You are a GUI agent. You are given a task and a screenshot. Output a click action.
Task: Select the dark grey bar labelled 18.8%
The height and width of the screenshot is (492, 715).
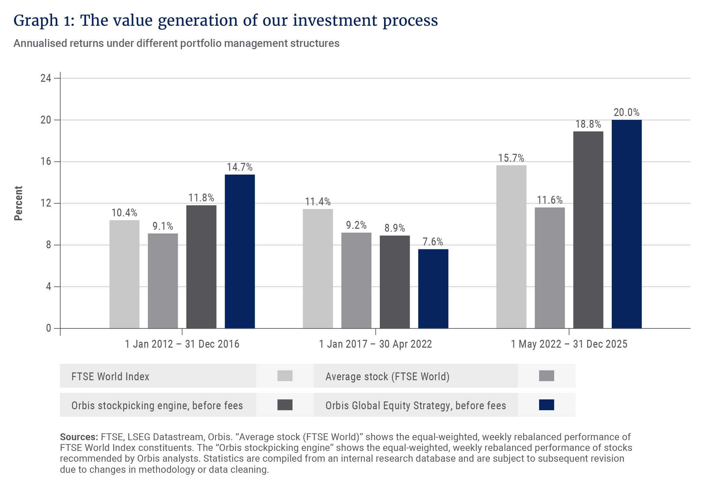tap(588, 230)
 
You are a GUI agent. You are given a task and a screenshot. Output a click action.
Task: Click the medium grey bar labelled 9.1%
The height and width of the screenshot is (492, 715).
tap(163, 281)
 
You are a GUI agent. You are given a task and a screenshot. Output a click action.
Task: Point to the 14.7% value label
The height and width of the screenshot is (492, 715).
tap(240, 167)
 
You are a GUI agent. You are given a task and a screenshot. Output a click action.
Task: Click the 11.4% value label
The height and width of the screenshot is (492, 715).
tap(318, 202)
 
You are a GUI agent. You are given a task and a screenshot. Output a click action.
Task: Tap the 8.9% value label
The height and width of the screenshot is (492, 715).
tap(394, 228)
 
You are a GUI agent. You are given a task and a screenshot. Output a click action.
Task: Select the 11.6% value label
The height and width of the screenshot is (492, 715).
tap(550, 200)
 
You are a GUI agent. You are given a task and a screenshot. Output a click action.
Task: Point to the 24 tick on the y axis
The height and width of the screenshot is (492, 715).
tap(46, 78)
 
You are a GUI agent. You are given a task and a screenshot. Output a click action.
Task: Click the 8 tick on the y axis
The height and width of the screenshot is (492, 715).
tap(49, 245)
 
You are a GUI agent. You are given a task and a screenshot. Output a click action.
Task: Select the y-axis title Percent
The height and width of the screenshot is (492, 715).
tap(18, 203)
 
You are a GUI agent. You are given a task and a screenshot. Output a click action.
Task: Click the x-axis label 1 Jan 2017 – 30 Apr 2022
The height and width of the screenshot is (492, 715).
tap(375, 344)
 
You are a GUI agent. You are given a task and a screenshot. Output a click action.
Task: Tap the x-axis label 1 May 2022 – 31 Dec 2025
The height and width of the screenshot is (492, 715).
tap(569, 344)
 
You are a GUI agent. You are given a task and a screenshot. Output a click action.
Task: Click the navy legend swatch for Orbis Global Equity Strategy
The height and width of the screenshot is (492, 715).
tap(546, 405)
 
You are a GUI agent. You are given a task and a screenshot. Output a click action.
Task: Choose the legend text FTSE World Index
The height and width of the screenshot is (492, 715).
tap(110, 376)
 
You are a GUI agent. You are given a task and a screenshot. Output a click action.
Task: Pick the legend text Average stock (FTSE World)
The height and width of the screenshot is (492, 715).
tap(387, 376)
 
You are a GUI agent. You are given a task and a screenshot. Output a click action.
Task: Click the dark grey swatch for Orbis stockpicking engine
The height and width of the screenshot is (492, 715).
tap(285, 405)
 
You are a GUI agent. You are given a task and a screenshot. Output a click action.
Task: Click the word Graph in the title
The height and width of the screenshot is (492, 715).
tap(36, 21)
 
